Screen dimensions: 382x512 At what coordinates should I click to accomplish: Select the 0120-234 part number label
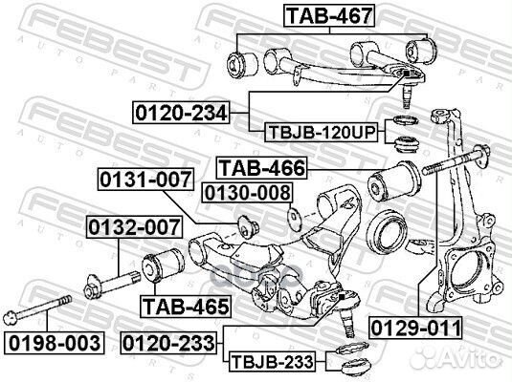coord(181,114)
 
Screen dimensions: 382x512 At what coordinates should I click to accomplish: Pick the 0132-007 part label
coord(133,228)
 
